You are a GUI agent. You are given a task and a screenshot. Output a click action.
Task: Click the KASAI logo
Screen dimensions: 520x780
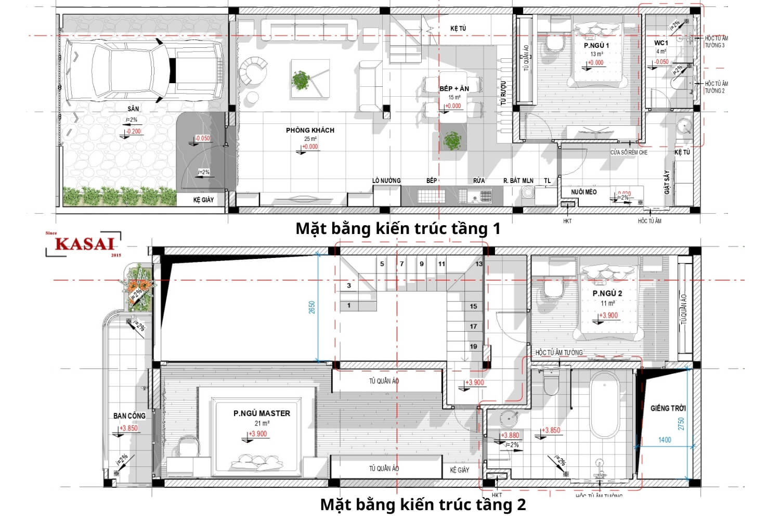tap(84, 243)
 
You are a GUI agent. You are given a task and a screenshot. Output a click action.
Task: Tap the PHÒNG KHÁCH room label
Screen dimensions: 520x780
tap(310, 130)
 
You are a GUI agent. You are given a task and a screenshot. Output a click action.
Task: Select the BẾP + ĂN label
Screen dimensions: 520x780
tap(454, 88)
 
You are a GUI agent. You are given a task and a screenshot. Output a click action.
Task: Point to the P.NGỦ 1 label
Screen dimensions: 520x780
tap(596, 46)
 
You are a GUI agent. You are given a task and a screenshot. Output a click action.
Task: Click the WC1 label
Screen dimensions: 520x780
tap(661, 43)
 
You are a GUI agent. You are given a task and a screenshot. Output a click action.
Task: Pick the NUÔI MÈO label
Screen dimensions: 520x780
tap(583, 192)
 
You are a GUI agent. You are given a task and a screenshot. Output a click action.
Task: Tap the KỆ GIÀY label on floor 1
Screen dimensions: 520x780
tap(203, 200)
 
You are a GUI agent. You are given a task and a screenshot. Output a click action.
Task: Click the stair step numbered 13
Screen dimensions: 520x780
tap(478, 264)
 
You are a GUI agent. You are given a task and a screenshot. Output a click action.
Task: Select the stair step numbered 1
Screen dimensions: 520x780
tap(349, 306)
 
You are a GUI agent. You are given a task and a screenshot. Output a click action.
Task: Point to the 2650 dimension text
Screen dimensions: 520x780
tap(311, 307)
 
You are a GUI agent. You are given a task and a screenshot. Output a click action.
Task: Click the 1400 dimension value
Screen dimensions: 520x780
tap(665, 440)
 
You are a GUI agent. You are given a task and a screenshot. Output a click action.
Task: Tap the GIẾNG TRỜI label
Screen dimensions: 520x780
tap(668, 408)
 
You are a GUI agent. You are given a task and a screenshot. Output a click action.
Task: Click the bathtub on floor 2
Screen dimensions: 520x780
tap(605, 406)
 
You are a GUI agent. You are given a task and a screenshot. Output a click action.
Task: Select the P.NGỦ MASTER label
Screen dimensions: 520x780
tap(262, 413)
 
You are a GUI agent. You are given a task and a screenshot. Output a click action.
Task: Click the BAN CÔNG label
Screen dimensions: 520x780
tap(129, 415)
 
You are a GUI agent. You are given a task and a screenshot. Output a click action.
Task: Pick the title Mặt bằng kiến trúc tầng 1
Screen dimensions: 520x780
tap(398, 228)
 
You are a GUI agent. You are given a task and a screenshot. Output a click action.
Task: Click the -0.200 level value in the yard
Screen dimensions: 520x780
tap(134, 132)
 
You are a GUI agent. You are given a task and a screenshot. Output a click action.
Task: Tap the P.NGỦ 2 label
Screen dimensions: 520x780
tap(607, 293)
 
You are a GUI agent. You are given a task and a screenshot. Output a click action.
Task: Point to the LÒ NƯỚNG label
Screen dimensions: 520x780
tap(386, 180)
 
